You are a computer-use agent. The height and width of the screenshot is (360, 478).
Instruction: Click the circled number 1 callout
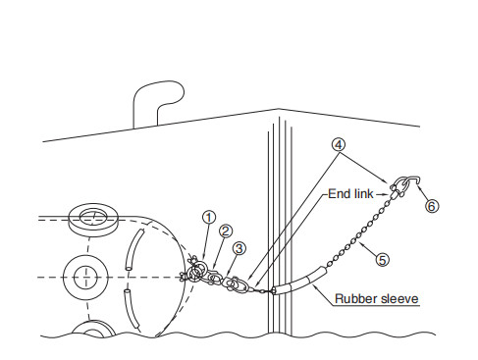[x=208, y=217]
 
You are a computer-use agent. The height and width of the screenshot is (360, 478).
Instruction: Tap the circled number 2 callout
[x=225, y=231]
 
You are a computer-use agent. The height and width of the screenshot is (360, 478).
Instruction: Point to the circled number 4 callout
[x=339, y=142]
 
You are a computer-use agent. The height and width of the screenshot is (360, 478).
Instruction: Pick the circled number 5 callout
[x=382, y=259]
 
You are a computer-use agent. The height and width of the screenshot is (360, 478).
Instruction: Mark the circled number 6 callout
[x=431, y=206]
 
